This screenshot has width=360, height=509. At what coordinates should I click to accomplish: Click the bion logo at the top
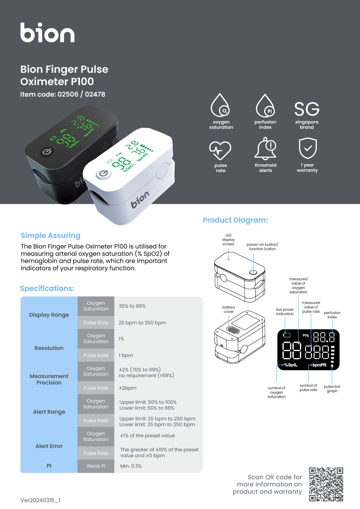47,33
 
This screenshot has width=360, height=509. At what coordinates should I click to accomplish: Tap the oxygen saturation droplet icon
220,106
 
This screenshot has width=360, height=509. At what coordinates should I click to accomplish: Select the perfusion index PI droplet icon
265,106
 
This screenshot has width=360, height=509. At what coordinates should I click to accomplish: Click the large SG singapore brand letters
307,109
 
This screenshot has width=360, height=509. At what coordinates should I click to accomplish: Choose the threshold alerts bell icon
266,148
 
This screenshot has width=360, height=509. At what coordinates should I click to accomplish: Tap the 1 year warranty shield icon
307,148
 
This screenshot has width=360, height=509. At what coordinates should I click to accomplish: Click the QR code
326,484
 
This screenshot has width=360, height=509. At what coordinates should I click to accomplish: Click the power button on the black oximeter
46,152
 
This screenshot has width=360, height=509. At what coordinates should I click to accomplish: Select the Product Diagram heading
235,220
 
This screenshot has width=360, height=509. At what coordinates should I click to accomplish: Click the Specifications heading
47,288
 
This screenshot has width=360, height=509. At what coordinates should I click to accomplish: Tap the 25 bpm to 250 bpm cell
143,323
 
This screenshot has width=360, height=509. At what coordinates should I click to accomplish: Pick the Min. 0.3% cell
131,466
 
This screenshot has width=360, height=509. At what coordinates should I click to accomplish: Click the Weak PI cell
96,466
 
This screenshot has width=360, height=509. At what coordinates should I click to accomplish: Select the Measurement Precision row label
49,379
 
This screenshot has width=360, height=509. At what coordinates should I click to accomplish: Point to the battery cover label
229,309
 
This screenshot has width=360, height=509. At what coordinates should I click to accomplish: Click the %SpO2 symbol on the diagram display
291,365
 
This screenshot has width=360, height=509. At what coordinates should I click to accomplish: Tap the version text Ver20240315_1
40,500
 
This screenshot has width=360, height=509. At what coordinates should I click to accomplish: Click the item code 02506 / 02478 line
63,94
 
